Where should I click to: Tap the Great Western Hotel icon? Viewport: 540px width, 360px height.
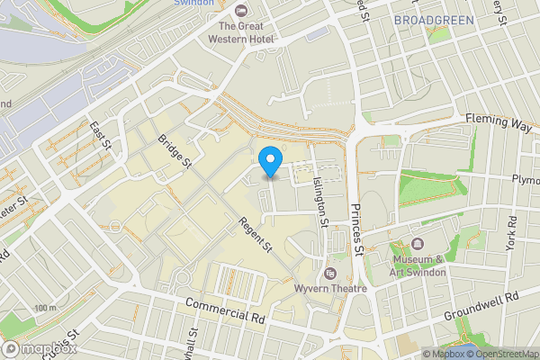coord(240,10)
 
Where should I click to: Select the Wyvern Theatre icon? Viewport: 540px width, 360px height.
coord(330,274)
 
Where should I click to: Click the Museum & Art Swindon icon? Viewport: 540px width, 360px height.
coord(418,244)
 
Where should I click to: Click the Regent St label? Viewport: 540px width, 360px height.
coord(255,236)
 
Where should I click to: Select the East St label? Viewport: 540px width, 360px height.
coord(100,134)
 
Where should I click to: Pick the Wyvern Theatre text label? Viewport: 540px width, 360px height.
coord(330,289)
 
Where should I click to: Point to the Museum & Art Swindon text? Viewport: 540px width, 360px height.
coord(418,265)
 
